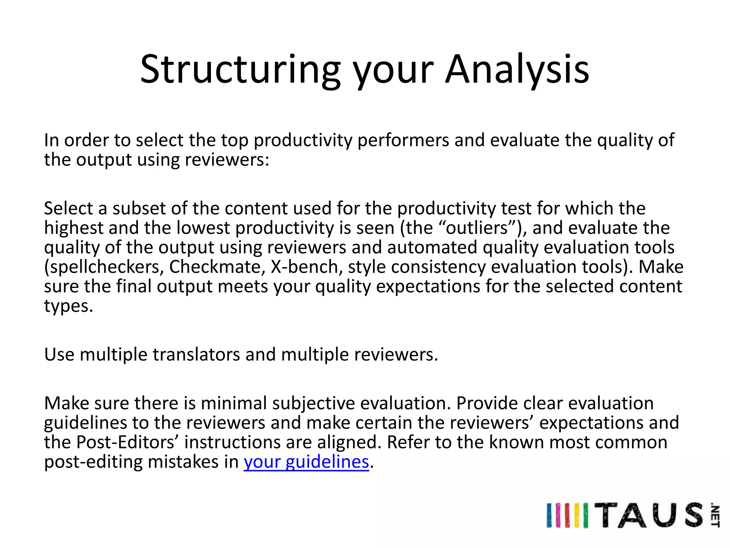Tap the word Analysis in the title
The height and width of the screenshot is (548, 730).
pos(517,70)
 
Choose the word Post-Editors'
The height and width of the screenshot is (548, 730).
pos(127,442)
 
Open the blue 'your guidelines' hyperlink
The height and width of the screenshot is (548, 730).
pos(306,462)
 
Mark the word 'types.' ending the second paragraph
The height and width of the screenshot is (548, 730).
pos(68,306)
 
